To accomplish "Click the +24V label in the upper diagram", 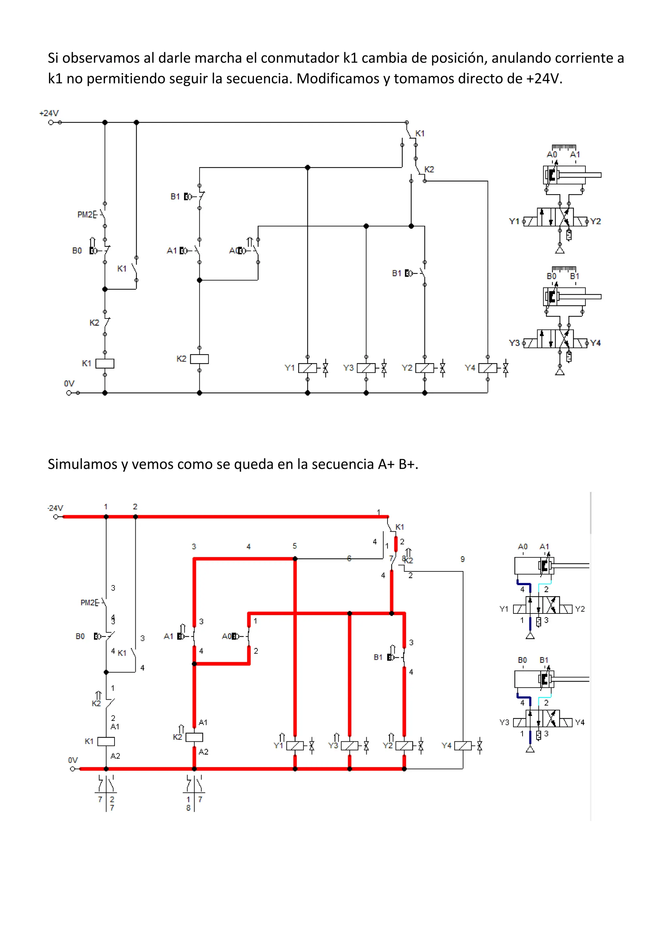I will [49, 113].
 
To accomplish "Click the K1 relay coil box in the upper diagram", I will [105, 364].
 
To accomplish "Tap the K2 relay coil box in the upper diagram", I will [200, 359].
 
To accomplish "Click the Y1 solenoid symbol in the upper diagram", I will [307, 367].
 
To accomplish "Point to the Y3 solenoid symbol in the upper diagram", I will [366, 367].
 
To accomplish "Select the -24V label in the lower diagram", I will [55, 507].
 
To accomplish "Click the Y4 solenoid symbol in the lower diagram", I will [463, 745].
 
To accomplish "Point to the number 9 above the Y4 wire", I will [463, 559].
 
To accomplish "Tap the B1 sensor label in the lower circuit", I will [378, 657].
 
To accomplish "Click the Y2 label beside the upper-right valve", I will [595, 222].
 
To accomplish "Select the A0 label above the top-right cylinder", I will [552, 154].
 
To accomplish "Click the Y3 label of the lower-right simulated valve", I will [504, 722].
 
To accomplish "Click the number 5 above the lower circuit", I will [295, 546].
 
